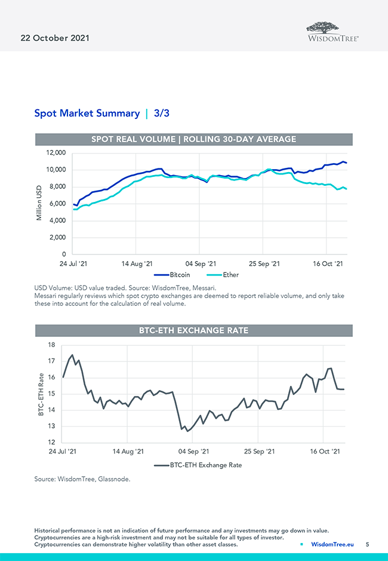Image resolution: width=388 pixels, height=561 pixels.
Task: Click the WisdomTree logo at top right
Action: coord(332,31)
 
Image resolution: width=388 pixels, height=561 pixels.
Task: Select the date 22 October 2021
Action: coord(51,38)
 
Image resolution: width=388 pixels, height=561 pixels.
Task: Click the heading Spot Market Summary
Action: coord(87,113)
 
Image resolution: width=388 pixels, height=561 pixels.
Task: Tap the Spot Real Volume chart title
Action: coord(193,139)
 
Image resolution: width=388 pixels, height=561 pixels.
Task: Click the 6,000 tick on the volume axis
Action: coord(56,204)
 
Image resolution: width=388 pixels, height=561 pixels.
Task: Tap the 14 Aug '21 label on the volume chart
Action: coord(138,263)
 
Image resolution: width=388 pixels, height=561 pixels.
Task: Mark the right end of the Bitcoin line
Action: coord(347,163)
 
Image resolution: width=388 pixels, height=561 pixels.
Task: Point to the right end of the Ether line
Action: coord(347,189)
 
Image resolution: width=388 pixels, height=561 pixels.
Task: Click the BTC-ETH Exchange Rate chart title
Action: coord(193,330)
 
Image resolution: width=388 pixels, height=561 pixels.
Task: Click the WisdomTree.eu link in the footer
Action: coord(332,544)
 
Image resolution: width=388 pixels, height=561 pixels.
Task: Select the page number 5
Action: coord(368,544)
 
